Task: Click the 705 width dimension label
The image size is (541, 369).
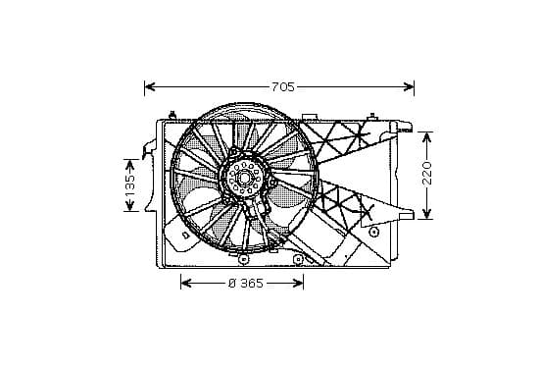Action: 283,87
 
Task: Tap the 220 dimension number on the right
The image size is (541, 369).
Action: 427,173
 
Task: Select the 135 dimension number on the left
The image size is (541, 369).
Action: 129,185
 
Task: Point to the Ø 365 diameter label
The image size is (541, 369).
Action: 246,284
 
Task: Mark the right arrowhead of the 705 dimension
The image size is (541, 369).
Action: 409,86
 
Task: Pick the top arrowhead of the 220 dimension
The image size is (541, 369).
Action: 427,137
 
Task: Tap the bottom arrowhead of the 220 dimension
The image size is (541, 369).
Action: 427,214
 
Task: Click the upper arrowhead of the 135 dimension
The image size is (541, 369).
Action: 129,165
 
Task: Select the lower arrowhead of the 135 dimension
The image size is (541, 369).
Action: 129,206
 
